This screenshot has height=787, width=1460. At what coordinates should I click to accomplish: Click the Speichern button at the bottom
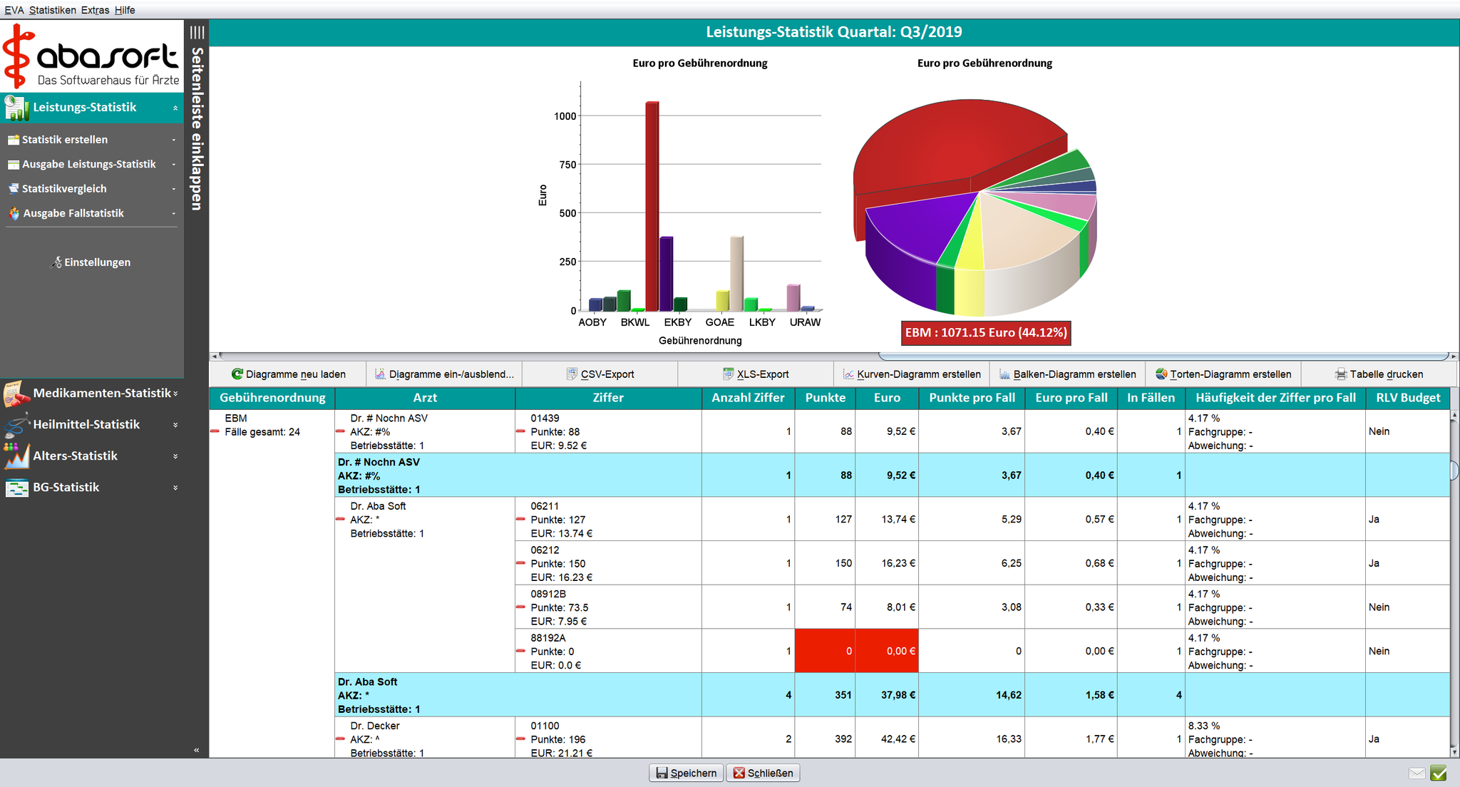(x=686, y=773)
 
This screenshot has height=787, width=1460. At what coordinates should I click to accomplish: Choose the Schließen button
(x=763, y=773)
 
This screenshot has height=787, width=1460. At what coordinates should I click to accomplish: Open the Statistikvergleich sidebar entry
(x=64, y=189)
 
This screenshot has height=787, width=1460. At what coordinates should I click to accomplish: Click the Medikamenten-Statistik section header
(x=102, y=393)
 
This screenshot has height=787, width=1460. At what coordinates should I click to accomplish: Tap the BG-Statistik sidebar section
(x=66, y=487)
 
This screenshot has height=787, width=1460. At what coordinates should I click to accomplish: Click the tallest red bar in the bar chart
(x=652, y=207)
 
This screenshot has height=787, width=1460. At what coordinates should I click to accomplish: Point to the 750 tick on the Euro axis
(x=567, y=165)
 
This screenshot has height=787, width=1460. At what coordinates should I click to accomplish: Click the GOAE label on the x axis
(x=719, y=322)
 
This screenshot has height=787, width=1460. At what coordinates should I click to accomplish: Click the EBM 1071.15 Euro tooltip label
(x=985, y=333)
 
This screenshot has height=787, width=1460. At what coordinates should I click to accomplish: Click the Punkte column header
(x=825, y=398)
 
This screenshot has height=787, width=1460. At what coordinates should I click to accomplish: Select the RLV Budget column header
(x=1407, y=398)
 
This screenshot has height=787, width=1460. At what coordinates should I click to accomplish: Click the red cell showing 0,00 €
(x=887, y=651)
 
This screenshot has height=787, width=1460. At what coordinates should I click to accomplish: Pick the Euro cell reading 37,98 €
(x=887, y=694)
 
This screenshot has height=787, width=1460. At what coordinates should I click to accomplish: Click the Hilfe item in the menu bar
(x=125, y=10)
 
